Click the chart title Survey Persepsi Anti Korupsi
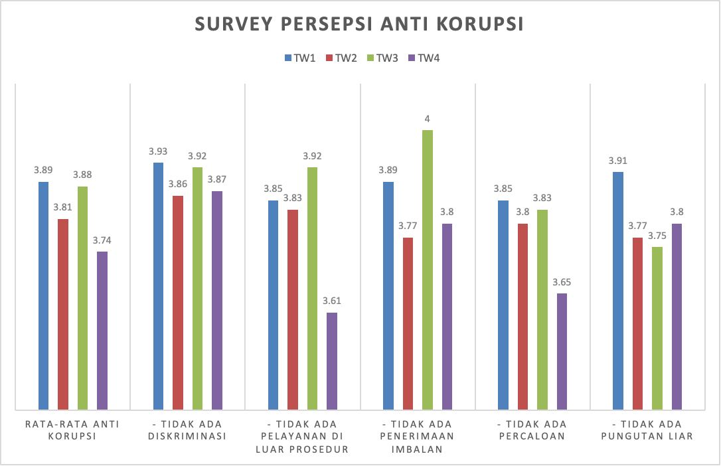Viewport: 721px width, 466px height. [360, 24]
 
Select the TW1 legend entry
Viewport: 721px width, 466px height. [299, 58]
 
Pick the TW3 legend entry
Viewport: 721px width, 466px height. [382, 58]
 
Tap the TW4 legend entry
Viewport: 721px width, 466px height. [423, 58]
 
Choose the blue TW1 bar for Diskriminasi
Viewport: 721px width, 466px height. [158, 285]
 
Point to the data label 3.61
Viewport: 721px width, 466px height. [332, 301]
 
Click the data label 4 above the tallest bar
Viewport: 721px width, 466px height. [428, 119]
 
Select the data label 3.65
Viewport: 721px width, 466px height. [562, 282]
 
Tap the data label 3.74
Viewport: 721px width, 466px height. [102, 240]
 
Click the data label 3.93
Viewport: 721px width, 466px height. [158, 151]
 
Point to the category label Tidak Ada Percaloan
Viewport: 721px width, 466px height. [533, 430]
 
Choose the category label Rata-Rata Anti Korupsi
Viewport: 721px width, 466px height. [73, 430]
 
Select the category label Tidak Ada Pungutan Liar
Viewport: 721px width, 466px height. [647, 430]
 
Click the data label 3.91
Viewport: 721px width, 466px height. [618, 160]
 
